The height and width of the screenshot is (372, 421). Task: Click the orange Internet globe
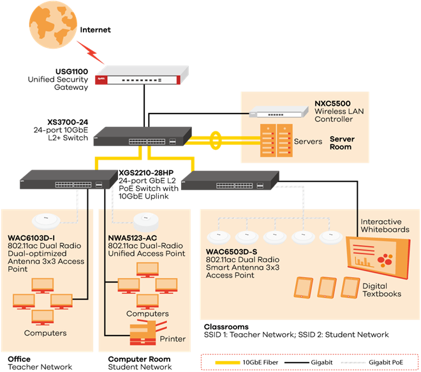[53, 24]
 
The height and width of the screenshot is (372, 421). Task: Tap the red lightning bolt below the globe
[91, 52]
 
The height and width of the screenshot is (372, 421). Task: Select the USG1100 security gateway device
[142, 75]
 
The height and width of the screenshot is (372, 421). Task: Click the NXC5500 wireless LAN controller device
[279, 112]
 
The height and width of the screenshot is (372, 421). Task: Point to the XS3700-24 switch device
[143, 137]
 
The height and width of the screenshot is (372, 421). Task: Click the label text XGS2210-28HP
[146, 173]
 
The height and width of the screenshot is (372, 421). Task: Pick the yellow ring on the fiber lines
[216, 140]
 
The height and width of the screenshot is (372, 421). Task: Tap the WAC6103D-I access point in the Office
[46, 221]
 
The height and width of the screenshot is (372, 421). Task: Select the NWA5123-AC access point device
[146, 222]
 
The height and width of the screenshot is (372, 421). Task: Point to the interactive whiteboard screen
[378, 256]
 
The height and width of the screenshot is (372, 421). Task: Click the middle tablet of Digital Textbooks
[327, 288]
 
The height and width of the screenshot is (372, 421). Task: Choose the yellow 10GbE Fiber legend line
[228, 362]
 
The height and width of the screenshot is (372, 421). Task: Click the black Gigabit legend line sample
[297, 362]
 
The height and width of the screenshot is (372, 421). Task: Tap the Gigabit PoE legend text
[386, 362]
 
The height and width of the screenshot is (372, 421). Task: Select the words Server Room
[342, 143]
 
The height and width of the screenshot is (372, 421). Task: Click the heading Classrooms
[226, 327]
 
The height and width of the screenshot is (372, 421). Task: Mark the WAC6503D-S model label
[232, 251]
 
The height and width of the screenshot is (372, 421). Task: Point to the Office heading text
[19, 359]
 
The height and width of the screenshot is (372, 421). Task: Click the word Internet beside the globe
[95, 30]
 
